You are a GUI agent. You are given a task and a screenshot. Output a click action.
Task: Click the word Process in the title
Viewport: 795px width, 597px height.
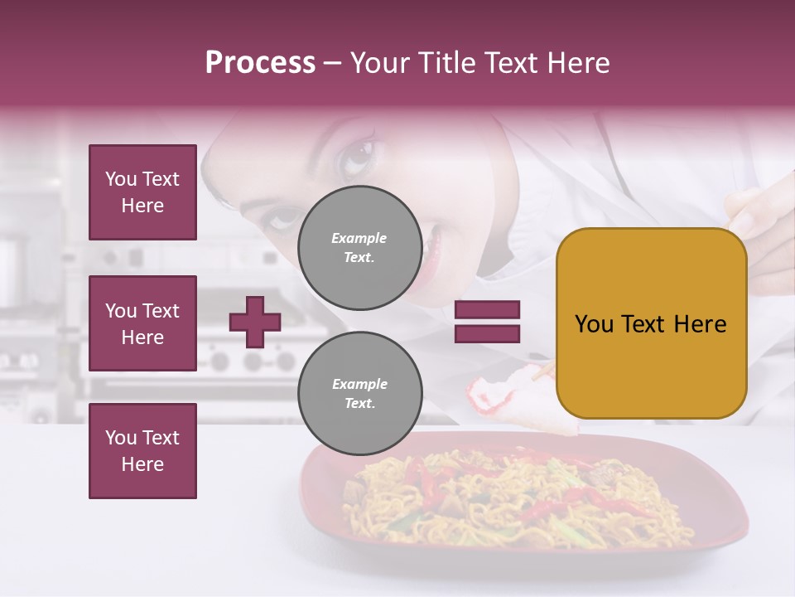click(x=260, y=63)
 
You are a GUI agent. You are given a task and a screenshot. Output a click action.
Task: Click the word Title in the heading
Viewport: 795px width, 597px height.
click(x=448, y=63)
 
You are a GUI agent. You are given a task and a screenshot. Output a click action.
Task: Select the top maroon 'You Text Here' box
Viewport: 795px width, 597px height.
click(x=142, y=192)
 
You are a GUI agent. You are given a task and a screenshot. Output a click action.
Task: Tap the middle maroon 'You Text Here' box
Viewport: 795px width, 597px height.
click(x=142, y=323)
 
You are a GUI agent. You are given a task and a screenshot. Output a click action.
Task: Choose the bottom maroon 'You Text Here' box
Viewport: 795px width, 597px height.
click(x=142, y=451)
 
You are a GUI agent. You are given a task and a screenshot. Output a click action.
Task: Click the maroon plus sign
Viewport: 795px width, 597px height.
click(x=255, y=322)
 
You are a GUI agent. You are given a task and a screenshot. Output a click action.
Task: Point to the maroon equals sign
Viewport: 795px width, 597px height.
click(x=488, y=322)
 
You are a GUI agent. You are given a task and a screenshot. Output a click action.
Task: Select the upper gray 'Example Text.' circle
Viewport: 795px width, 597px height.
click(x=359, y=248)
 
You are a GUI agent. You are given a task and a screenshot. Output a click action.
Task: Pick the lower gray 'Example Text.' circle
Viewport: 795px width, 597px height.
click(x=359, y=394)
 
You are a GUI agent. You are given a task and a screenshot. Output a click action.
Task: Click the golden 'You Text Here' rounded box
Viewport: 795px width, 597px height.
click(x=651, y=323)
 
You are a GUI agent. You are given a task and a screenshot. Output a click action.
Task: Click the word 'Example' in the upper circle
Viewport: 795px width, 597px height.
click(x=359, y=239)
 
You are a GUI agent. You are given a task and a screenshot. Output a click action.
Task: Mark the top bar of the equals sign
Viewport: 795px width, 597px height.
click(x=488, y=310)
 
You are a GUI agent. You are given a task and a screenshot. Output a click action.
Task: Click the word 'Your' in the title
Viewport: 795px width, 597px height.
click(x=380, y=63)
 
